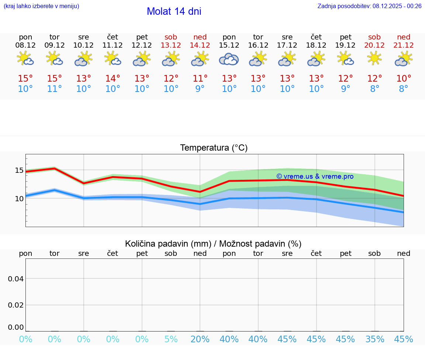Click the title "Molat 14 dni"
click(174, 11)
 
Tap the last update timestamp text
click(369, 6)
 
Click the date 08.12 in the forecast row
click(25, 45)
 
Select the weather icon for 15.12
click(229, 59)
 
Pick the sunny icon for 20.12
click(374, 58)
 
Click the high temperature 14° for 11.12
click(113, 79)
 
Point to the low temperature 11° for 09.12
click(55, 89)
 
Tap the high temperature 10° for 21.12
click(404, 79)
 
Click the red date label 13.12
click(171, 45)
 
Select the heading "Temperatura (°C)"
click(214, 148)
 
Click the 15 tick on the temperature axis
click(19, 171)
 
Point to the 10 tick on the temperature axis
click(19, 199)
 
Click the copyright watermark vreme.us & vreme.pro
click(315, 176)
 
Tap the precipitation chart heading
click(213, 244)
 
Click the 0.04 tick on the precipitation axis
click(16, 279)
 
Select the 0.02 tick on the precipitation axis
click(16, 305)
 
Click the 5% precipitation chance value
click(171, 339)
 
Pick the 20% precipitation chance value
click(200, 339)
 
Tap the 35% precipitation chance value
click(374, 339)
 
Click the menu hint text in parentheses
click(41, 6)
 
